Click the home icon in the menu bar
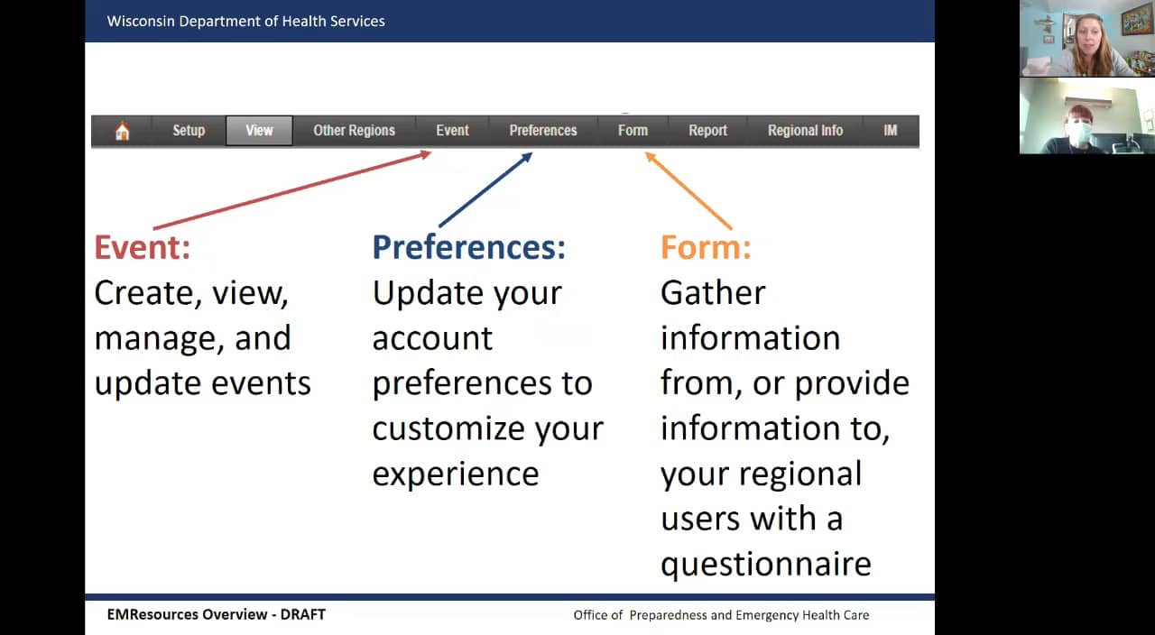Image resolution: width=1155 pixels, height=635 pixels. (x=122, y=131)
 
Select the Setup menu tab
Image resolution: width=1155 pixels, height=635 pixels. (x=189, y=131)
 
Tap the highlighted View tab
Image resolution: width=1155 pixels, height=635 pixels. (x=259, y=131)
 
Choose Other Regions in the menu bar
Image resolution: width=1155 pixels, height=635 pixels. (x=355, y=131)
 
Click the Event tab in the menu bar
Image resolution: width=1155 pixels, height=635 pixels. (x=452, y=131)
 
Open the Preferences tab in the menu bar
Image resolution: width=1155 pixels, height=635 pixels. (x=543, y=131)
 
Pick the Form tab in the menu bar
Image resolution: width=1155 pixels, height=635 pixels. (x=633, y=131)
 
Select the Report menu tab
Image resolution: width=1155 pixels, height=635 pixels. (x=708, y=131)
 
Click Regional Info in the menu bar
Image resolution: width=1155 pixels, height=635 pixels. (x=805, y=131)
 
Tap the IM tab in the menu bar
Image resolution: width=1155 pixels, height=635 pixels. (x=891, y=131)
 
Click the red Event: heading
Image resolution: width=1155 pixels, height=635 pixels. (x=143, y=247)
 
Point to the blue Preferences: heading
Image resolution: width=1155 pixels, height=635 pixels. (x=468, y=247)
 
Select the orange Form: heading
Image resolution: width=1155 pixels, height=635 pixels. (x=706, y=247)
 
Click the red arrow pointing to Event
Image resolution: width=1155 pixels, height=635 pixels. (x=292, y=189)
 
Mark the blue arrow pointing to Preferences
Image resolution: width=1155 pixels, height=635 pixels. (x=485, y=189)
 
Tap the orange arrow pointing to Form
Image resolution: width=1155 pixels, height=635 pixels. (x=688, y=190)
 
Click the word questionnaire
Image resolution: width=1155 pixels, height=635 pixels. (x=766, y=564)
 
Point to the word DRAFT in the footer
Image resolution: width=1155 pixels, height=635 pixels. (x=302, y=614)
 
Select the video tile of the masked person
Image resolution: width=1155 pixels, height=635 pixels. (x=1087, y=116)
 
